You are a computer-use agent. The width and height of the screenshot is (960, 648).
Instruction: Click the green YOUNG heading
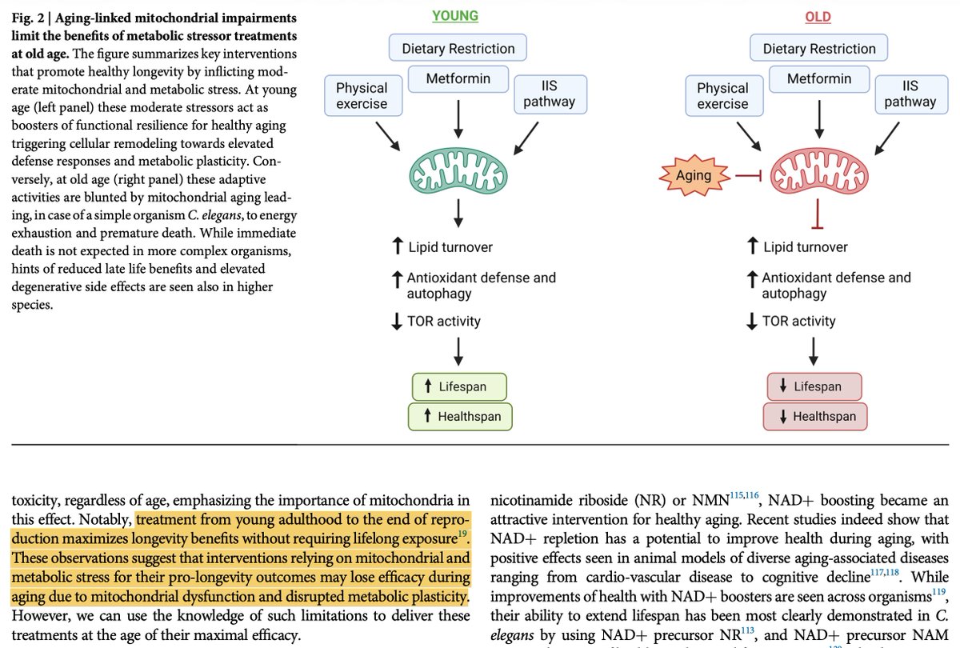(454, 16)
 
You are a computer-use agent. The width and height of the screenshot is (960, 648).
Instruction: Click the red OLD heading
(818, 17)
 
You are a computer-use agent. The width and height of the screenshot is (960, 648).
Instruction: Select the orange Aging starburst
(694, 175)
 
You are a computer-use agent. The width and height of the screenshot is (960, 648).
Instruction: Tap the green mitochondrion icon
(458, 170)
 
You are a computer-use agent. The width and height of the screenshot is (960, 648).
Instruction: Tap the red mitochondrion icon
(819, 170)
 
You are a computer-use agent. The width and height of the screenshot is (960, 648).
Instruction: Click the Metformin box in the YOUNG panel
(458, 79)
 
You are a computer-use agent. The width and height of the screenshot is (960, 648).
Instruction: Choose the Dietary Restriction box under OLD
(818, 48)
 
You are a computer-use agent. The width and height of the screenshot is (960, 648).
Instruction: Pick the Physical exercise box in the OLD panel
(724, 95)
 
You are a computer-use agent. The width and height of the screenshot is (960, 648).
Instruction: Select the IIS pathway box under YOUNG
(550, 94)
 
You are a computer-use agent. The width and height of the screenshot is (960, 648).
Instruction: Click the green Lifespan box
(459, 386)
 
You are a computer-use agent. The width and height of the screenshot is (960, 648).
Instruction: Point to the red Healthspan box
(814, 416)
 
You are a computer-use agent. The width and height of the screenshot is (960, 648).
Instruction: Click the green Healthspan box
(460, 416)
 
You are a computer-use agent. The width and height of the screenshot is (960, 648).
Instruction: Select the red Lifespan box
(814, 386)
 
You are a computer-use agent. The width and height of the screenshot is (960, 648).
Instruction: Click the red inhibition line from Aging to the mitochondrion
(748, 176)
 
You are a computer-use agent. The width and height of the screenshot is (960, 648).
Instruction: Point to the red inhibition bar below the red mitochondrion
(818, 214)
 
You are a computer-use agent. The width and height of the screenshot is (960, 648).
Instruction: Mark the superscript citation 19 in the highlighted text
(462, 534)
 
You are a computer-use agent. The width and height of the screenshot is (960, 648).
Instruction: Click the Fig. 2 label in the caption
(28, 18)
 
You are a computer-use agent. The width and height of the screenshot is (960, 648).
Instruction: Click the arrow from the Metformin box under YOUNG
(458, 119)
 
